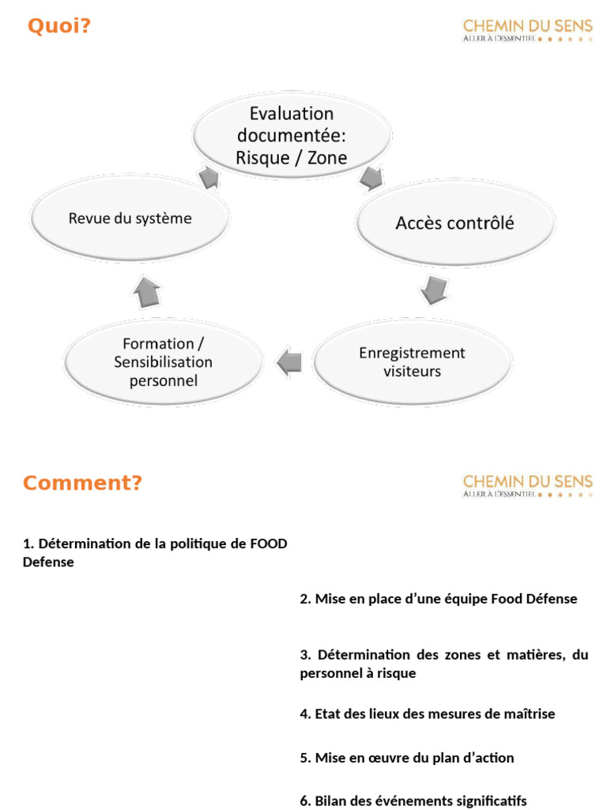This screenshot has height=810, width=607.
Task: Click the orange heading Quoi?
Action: click(59, 27)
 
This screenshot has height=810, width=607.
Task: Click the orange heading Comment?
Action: click(82, 483)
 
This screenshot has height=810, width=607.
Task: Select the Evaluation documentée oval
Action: click(292, 136)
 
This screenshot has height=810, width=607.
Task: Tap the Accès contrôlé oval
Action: click(454, 224)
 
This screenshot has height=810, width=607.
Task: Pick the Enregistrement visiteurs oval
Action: click(412, 362)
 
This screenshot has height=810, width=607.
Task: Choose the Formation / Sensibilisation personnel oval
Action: click(163, 362)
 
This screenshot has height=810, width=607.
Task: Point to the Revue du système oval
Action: click(130, 218)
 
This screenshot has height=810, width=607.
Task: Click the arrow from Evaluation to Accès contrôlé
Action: click(371, 179)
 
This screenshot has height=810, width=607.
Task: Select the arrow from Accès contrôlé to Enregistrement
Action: click(433, 290)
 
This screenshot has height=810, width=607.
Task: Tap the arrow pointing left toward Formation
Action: click(289, 362)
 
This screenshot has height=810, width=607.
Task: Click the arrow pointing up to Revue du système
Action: click(147, 293)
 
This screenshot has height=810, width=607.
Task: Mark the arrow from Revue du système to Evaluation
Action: click(209, 176)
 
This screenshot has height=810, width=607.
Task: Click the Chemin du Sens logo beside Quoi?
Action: click(527, 30)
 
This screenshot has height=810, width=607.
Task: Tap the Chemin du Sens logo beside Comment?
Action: click(527, 485)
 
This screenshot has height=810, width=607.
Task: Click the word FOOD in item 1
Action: click(269, 543)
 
